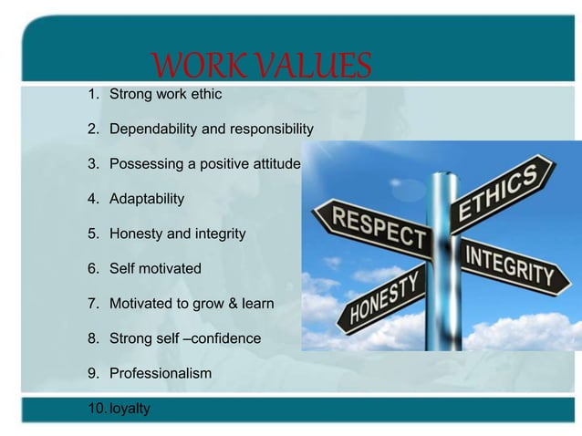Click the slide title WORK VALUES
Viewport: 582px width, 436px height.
262,66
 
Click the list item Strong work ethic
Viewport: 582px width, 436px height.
165,94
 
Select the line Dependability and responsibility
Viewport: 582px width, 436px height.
211,129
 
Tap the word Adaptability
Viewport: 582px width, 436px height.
147,199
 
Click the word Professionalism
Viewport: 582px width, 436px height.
160,374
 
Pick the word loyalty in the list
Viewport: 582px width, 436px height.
130,409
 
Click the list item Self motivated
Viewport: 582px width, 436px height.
155,269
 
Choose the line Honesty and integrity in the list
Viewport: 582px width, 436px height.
177,234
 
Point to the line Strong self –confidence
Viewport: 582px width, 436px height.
184,339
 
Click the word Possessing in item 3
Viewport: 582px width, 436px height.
144,164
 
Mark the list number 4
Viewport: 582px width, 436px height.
92,199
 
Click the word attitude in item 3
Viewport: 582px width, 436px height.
273,164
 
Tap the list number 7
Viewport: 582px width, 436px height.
92,304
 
